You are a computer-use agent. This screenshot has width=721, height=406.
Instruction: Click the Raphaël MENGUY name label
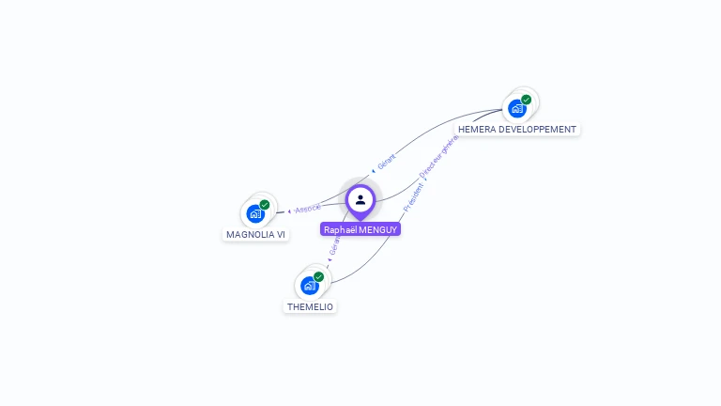coord(360,229)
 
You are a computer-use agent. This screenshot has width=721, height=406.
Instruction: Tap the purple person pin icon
coord(360,200)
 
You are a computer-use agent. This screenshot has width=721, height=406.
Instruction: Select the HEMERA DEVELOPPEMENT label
coord(517,129)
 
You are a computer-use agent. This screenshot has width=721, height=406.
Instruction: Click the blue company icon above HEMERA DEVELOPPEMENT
coord(516,109)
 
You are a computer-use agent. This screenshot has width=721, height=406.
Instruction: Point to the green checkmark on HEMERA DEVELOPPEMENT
coord(527,100)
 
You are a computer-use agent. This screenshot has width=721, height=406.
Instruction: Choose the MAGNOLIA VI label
coord(255,234)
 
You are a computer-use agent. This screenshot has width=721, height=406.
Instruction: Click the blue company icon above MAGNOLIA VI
coord(255,214)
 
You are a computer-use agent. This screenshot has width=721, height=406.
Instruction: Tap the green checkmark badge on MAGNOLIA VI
coord(265,205)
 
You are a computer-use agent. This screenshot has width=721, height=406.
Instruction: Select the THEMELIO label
coord(310,306)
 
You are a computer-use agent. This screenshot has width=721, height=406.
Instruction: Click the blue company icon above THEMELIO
coord(309,286)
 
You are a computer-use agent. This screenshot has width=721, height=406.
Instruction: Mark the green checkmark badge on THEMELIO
coord(319,277)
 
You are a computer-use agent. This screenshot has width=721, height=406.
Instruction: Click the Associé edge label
coord(308,208)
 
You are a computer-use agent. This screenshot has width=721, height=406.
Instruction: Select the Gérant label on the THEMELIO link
coord(333,246)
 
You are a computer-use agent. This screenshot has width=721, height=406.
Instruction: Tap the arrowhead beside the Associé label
coord(289,211)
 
